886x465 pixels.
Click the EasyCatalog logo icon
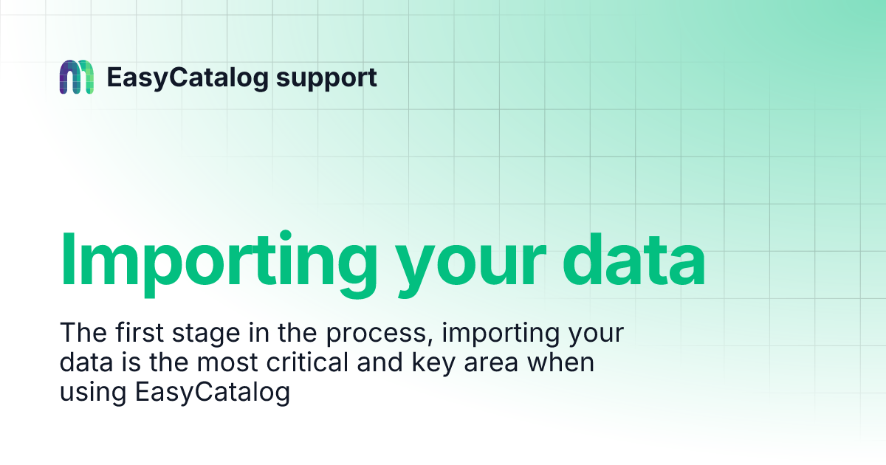point(76,77)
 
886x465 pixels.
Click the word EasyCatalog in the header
point(187,77)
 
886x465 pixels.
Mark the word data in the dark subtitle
point(84,363)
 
